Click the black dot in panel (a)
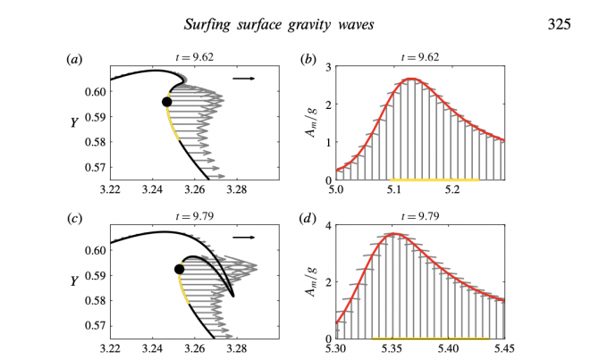[x=166, y=102]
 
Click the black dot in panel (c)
[x=179, y=269]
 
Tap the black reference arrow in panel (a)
[x=242, y=79]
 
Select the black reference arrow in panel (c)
[x=242, y=239]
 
